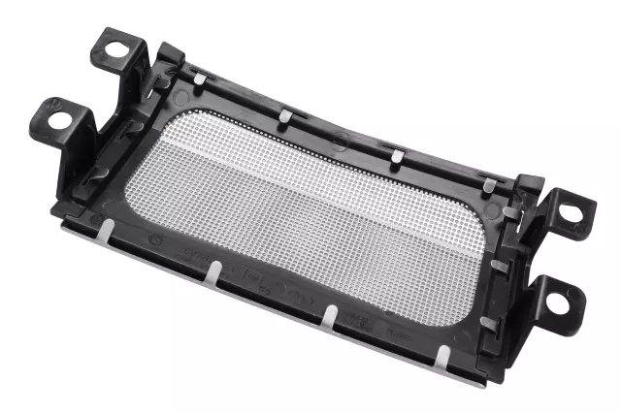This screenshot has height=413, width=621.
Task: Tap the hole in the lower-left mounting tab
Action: tap(56, 120)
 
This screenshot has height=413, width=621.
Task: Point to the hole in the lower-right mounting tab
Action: tap(557, 302)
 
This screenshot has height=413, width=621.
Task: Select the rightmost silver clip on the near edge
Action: tap(442, 357)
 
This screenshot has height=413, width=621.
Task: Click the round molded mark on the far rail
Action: tap(340, 142)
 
